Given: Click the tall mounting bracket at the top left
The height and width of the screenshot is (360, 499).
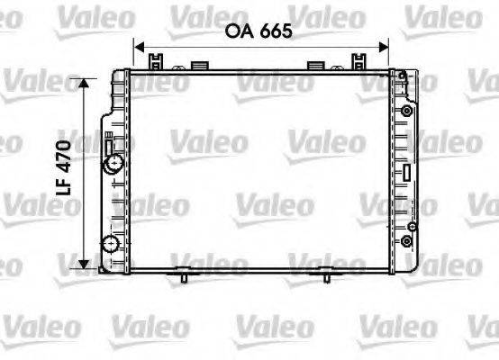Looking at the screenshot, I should pyautogui.click(x=157, y=62).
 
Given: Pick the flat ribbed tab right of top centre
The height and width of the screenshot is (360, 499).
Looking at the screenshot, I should pyautogui.click(x=318, y=65).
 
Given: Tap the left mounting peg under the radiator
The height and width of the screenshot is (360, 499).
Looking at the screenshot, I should pyautogui.click(x=184, y=276).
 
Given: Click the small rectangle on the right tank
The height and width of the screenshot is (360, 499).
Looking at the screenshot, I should pyautogui.click(x=408, y=172).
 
